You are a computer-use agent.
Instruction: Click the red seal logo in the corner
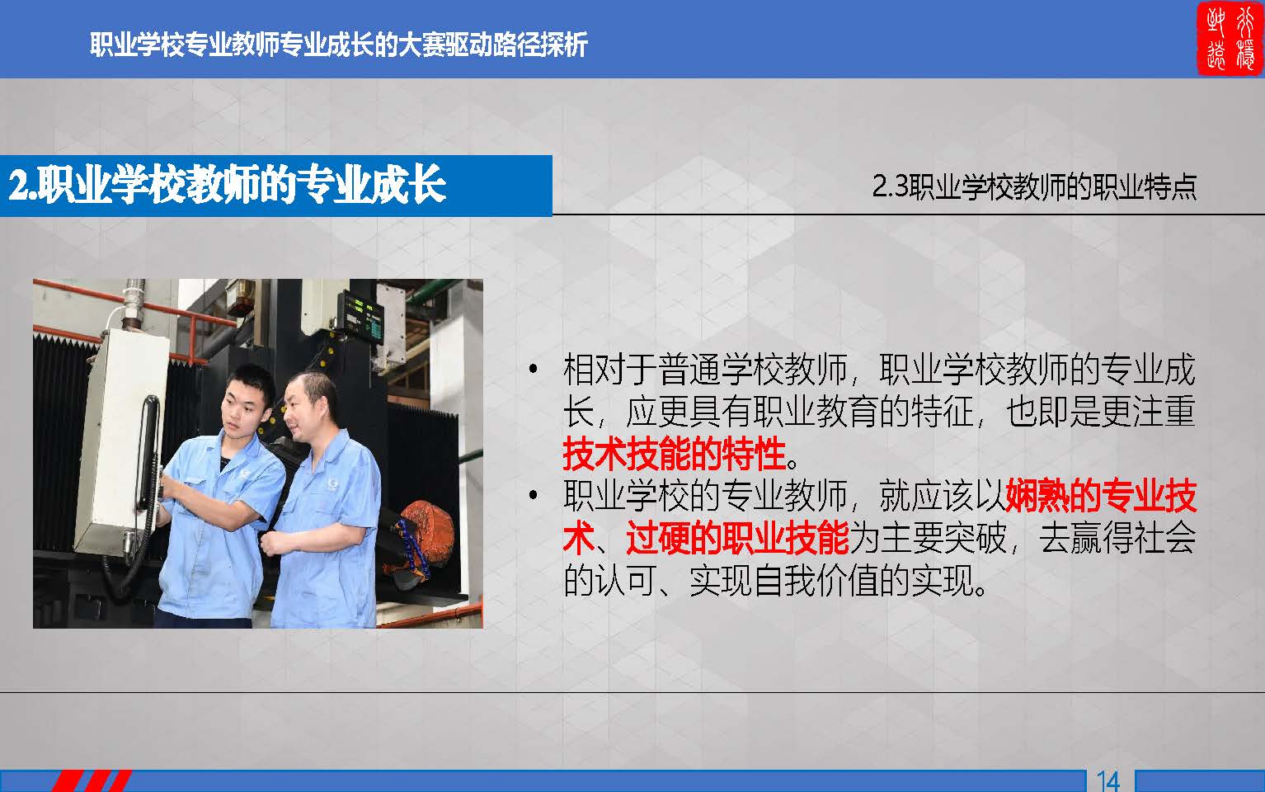[x=1230, y=39]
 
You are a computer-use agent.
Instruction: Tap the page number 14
[x=1108, y=781]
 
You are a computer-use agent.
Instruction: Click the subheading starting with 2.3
[x=1034, y=187]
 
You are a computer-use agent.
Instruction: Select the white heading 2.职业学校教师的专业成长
[x=227, y=185]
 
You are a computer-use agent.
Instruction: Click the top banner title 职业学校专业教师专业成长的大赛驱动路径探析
[x=339, y=45]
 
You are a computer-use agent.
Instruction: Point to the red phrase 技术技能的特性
[x=675, y=454]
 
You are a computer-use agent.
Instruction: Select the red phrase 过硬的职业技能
[x=737, y=538]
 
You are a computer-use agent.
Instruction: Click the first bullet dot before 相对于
[x=533, y=370]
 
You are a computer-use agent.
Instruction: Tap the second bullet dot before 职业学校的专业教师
[x=533, y=496]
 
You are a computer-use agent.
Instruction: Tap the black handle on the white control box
[x=148, y=452]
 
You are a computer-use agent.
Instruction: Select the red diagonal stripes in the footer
[x=92, y=780]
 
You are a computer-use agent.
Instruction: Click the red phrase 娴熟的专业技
[x=1101, y=496]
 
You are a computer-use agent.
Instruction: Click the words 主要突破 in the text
[x=943, y=538]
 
